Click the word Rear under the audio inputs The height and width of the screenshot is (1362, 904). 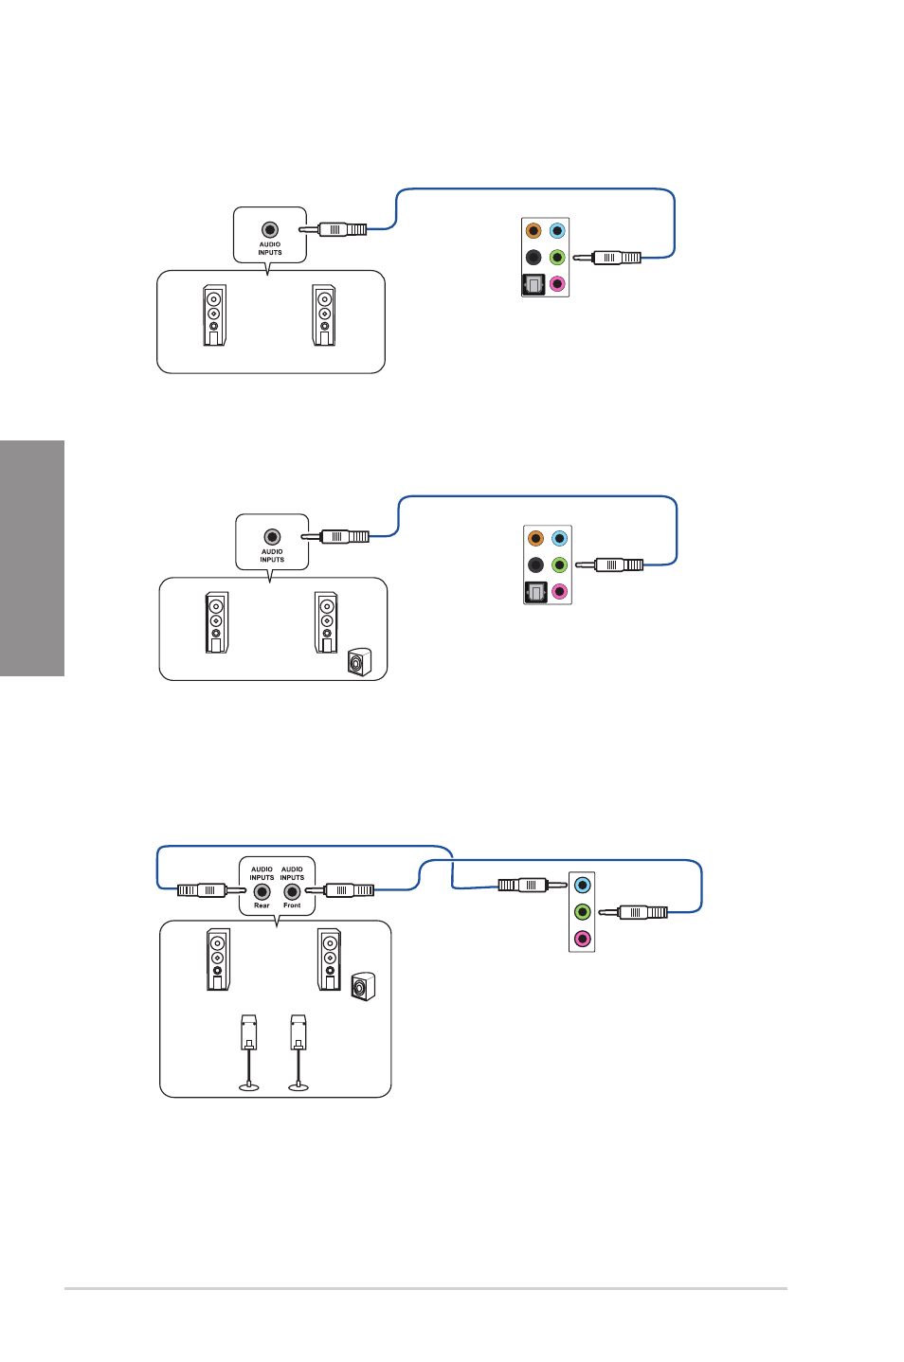coord(262,905)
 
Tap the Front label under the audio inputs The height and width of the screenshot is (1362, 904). coord(292,905)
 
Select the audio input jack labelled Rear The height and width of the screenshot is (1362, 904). coord(262,891)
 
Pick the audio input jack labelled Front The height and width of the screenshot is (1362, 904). coord(292,891)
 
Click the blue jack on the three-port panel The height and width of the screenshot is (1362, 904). coord(582,885)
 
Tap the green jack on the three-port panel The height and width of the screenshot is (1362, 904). coord(582,912)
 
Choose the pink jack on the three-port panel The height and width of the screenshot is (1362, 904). coord(582,939)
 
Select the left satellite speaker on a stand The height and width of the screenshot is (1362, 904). coord(249,1051)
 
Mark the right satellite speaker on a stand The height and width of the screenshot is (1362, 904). coord(298,1051)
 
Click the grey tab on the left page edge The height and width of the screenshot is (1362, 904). coord(32,558)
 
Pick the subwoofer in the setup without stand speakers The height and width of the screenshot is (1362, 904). coord(358,662)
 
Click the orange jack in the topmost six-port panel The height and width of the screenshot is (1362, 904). coord(533,230)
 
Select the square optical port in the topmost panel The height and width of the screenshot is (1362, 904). coord(533,284)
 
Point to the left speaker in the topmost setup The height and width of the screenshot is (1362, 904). coord(214,315)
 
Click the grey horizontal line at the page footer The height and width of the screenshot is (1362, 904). coord(425,1288)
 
